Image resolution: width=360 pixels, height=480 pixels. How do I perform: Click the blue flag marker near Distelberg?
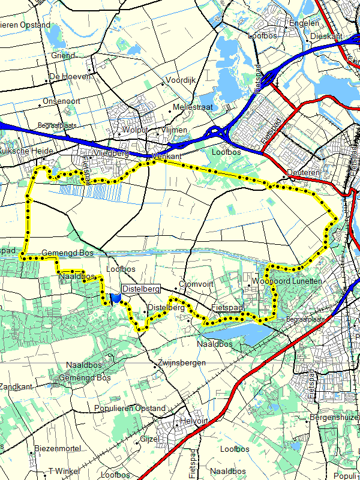pyautogui.click(x=115, y=298)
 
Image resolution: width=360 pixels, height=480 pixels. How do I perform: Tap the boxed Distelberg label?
pyautogui.click(x=141, y=289)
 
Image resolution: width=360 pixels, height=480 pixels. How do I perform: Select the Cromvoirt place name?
pyautogui.click(x=197, y=284)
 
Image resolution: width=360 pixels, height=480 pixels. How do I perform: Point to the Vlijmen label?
pyautogui.click(x=175, y=130)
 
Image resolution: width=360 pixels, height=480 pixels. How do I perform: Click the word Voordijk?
pyautogui.click(x=181, y=80)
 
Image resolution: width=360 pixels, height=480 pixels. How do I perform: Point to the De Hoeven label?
pyautogui.click(x=70, y=76)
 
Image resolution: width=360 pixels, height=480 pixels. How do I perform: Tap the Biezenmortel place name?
pyautogui.click(x=58, y=448)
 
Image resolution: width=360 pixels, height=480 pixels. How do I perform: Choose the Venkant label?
pyautogui.click(x=167, y=156)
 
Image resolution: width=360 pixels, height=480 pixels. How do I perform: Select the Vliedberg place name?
pyautogui.click(x=111, y=153)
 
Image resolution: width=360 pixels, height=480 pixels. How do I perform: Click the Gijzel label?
pyautogui.click(x=149, y=439)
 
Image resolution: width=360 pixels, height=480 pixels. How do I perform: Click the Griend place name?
pyautogui.click(x=63, y=55)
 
